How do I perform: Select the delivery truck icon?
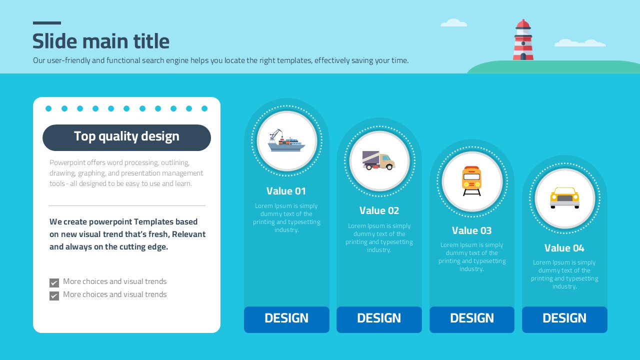point(378,160)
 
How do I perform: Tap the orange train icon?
point(471,181)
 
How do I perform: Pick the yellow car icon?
point(564,198)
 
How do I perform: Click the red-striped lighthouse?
point(523,39)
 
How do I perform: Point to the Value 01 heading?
point(286,191)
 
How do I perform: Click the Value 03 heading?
point(471,230)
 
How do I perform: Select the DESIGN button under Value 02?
point(379,319)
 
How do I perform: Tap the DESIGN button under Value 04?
point(564,319)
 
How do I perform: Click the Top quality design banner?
point(126,137)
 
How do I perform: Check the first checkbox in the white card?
point(54,283)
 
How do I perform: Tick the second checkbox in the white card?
point(54,295)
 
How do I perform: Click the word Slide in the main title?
point(55,41)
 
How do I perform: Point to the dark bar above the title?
point(47,23)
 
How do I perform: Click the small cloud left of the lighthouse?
point(453,23)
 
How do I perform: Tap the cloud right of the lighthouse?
point(580,43)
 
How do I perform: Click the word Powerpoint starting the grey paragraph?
point(67,162)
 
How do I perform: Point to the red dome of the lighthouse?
point(523,23)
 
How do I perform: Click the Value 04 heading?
point(564,247)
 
